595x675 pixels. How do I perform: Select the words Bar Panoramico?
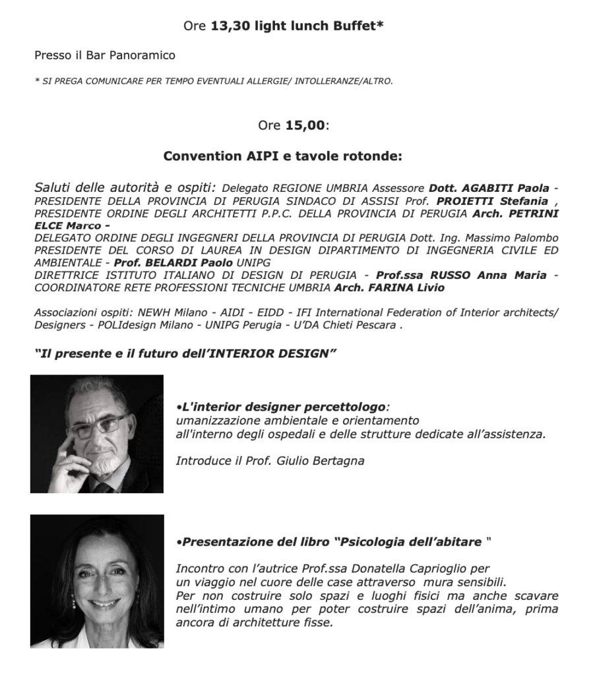coord(139,55)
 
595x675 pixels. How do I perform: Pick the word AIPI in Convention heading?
coord(259,157)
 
